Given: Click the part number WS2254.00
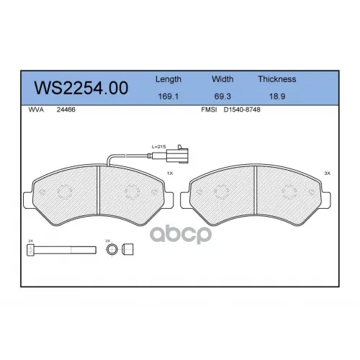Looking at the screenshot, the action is (x=81, y=88).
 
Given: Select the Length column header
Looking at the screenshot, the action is (x=168, y=79).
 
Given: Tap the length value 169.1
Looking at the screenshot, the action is (x=168, y=96).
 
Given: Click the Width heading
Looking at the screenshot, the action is (x=222, y=79).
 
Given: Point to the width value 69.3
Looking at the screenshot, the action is (x=222, y=96).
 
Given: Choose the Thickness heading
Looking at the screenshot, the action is (x=277, y=79).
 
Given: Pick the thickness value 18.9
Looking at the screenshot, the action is (x=277, y=96).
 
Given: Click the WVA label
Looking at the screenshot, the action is (x=36, y=109).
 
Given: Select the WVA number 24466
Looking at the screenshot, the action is (x=66, y=109).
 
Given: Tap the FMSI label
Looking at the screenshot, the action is (x=209, y=109).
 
